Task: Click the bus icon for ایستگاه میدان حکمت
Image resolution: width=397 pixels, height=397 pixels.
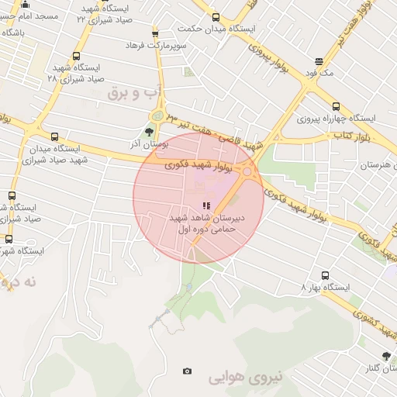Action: click(x=216, y=18)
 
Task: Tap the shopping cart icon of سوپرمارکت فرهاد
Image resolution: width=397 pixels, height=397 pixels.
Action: click(x=155, y=33)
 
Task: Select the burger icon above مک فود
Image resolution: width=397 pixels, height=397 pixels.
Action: click(x=319, y=62)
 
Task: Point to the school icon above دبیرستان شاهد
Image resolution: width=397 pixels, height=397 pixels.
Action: click(x=206, y=205)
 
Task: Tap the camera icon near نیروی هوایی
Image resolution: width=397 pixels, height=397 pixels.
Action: click(x=187, y=371)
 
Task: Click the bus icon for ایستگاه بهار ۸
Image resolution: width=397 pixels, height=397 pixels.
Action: click(x=324, y=274)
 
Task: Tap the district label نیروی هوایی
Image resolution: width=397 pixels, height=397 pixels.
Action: click(x=236, y=379)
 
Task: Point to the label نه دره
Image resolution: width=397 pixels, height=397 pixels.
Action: click(x=19, y=282)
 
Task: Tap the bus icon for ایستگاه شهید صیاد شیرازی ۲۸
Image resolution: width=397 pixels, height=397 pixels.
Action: click(x=76, y=56)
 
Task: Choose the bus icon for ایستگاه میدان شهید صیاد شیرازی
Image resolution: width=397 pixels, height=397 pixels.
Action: click(x=54, y=136)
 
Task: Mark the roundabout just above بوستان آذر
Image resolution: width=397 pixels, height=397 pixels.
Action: click(x=157, y=116)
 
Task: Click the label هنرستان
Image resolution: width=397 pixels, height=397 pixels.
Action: click(x=378, y=166)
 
